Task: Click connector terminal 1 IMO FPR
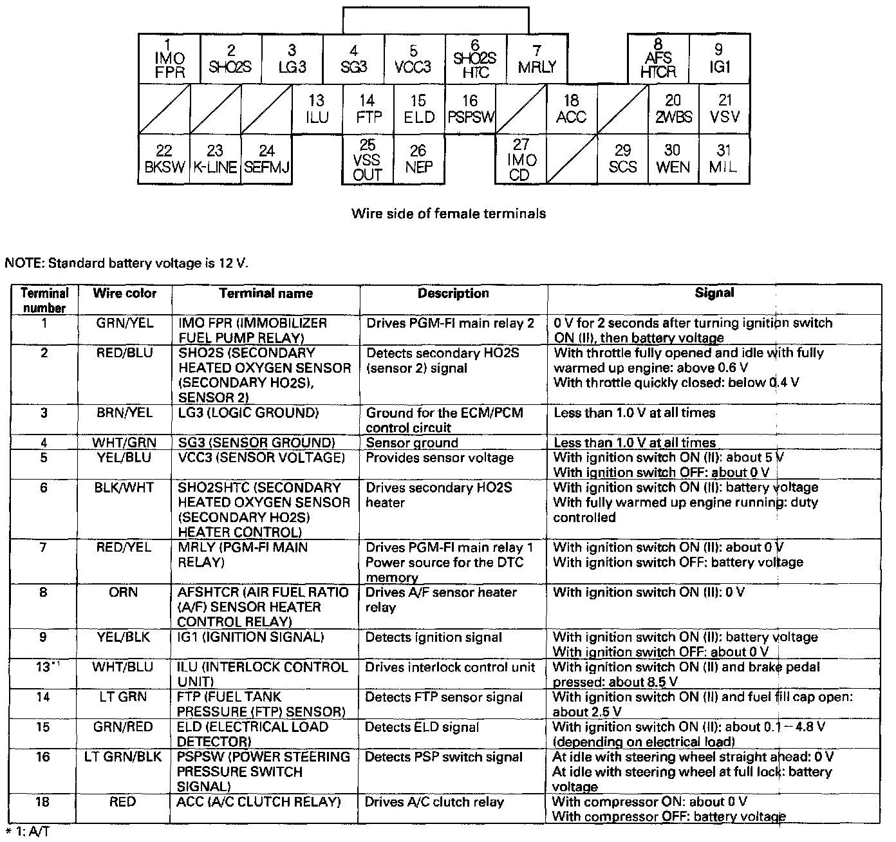[169, 59]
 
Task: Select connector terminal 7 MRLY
[537, 59]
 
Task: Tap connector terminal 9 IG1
[719, 59]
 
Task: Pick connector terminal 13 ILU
[317, 109]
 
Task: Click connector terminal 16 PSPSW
[471, 109]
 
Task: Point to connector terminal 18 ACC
[571, 109]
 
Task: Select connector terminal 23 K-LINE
[215, 159]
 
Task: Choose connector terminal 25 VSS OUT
[367, 160]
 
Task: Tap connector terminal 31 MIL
[724, 159]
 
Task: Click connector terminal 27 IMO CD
[520, 160]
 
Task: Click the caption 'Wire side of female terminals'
[448, 214]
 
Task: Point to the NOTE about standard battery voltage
[126, 263]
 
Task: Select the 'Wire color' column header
[125, 294]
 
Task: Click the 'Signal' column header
[714, 293]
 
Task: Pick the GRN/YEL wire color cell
[125, 323]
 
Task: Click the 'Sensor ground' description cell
[412, 443]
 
